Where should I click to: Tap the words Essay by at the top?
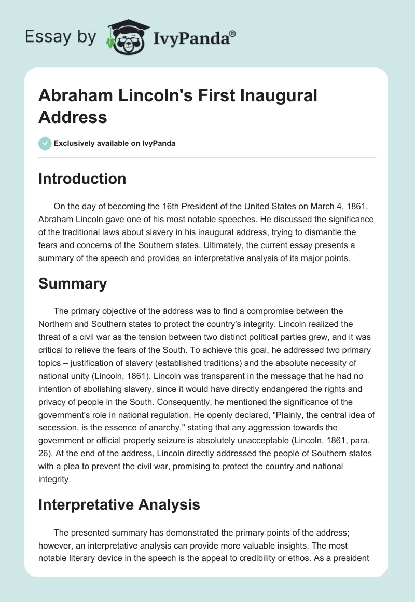pyautogui.click(x=61, y=37)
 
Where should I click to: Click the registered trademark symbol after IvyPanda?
pyautogui.click(x=233, y=33)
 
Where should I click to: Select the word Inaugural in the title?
pyautogui.click(x=276, y=96)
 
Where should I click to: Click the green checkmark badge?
pyautogui.click(x=45, y=143)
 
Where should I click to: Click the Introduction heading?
pyautogui.click(x=82, y=179)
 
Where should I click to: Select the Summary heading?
pyautogui.click(x=73, y=283)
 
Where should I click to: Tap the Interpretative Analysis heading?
pyautogui.click(x=119, y=504)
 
